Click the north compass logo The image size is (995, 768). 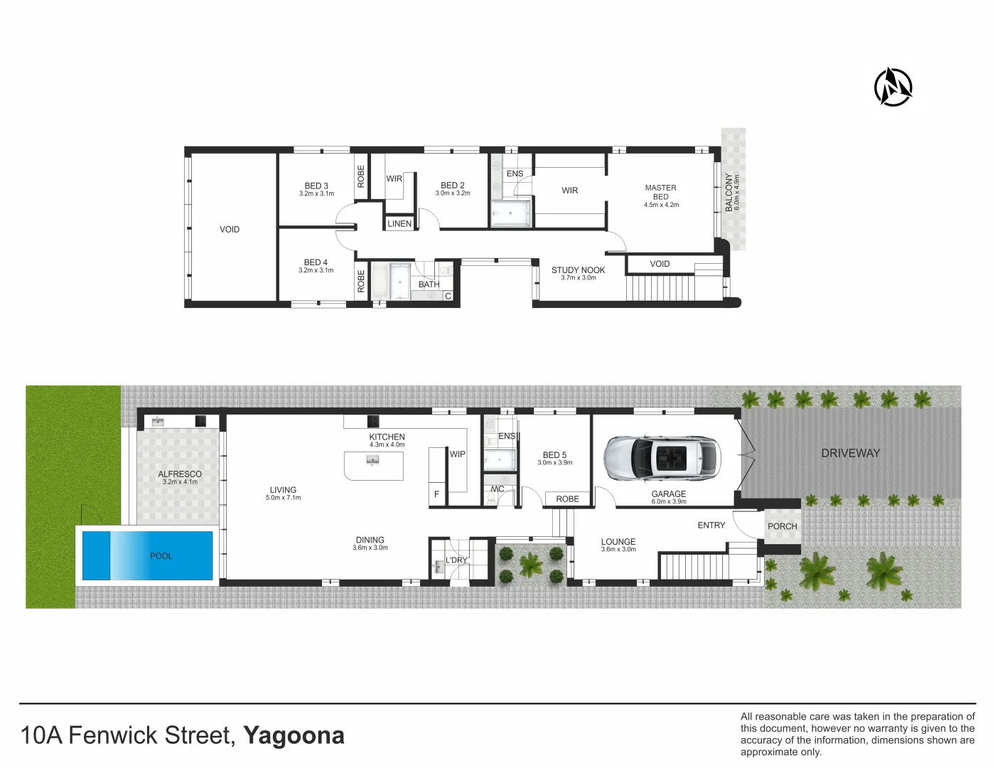[x=893, y=87]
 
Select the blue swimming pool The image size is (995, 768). [x=148, y=555]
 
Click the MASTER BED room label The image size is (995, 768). [x=660, y=192]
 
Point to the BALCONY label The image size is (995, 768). [x=728, y=192]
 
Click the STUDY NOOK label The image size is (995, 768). [x=578, y=270]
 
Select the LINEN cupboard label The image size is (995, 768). [x=399, y=223]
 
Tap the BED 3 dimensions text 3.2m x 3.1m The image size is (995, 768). [x=316, y=194]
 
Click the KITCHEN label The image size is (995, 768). [x=387, y=437]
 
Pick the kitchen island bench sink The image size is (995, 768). [x=372, y=461]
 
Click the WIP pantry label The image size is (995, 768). [x=457, y=454]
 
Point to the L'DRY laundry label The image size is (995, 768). [x=456, y=560]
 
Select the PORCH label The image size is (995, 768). [x=782, y=526]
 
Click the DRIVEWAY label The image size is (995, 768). [x=850, y=453]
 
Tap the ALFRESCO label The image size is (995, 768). [x=180, y=474]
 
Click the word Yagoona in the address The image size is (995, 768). [x=294, y=735]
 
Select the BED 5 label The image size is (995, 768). [x=554, y=454]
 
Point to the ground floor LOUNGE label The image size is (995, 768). [x=618, y=541]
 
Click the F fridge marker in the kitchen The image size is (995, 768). [x=436, y=494]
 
